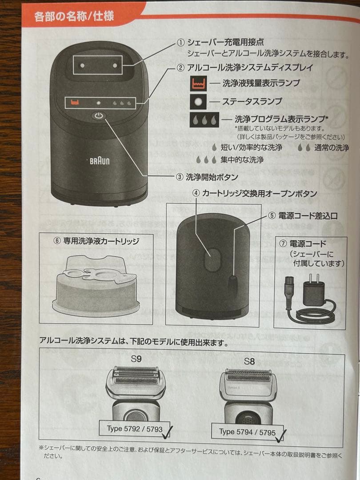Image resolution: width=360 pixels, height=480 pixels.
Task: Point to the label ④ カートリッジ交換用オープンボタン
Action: (255, 194)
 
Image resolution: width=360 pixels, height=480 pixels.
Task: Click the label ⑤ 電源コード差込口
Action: (302, 216)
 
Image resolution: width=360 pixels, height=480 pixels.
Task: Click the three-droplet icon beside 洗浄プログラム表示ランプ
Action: (204, 120)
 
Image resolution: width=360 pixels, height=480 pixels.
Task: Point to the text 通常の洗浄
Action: (332, 148)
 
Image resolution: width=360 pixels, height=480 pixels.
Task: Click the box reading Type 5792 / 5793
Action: (135, 429)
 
